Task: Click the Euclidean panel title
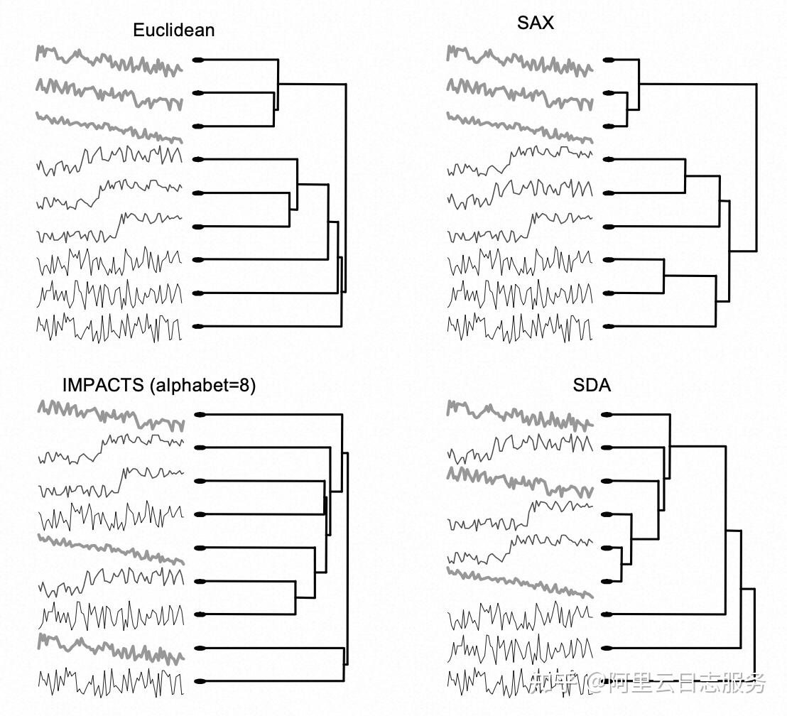tap(173, 30)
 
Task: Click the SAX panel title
tap(536, 23)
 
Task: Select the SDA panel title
tap(592, 386)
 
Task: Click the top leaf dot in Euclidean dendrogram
tap(199, 60)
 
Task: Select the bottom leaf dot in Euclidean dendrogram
tap(199, 327)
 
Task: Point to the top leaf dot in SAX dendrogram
tap(609, 60)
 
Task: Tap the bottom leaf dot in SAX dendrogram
tap(609, 327)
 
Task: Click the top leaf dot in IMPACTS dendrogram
tap(200, 415)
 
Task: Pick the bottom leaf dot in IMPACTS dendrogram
tap(200, 681)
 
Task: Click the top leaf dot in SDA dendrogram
tap(607, 415)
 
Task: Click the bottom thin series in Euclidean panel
tap(110, 327)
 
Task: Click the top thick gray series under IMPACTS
tap(110, 416)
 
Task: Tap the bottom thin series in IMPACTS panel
tap(110, 682)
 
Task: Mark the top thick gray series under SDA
tap(519, 415)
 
